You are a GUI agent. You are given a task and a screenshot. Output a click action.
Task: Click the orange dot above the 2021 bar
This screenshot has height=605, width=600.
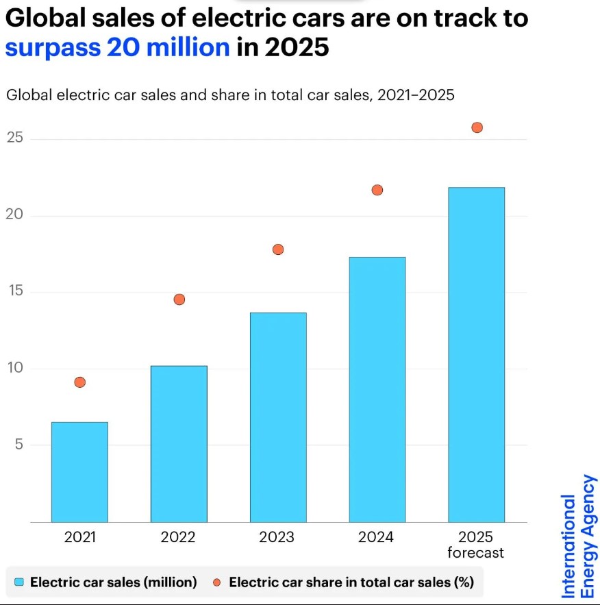(x=79, y=382)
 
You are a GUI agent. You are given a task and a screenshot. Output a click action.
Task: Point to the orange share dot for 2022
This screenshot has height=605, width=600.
(x=179, y=299)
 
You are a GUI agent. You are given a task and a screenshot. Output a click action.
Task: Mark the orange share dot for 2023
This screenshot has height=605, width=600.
(x=278, y=249)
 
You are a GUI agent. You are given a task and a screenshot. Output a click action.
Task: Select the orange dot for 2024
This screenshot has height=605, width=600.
(x=377, y=190)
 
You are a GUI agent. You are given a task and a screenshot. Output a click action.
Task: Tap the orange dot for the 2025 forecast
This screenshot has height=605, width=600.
(x=477, y=127)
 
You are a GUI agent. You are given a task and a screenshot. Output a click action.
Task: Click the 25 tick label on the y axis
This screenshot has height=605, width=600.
(x=15, y=138)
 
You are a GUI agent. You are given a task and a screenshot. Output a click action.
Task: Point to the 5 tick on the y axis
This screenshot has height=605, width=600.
(x=19, y=445)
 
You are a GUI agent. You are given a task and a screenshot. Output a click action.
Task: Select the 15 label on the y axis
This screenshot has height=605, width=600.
(x=15, y=292)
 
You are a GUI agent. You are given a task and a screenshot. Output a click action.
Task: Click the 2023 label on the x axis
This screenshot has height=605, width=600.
(x=277, y=537)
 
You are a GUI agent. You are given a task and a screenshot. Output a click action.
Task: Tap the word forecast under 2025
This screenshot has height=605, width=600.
(x=475, y=553)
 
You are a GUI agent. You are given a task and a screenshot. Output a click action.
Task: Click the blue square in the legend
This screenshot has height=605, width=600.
(x=19, y=582)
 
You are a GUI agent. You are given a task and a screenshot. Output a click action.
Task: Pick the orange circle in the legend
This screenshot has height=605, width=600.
(x=217, y=582)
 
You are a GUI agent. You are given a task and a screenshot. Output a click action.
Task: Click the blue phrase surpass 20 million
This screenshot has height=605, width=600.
(x=117, y=47)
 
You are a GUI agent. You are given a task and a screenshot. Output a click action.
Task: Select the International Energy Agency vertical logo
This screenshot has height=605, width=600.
(x=579, y=537)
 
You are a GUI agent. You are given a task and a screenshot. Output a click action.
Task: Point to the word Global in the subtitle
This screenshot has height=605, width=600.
(x=27, y=95)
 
